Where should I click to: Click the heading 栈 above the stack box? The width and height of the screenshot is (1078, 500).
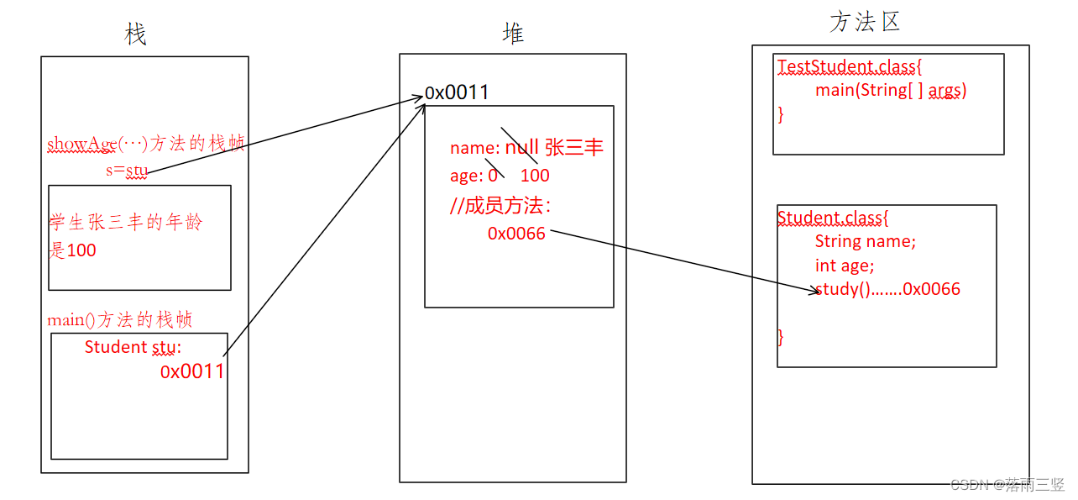tap(135, 34)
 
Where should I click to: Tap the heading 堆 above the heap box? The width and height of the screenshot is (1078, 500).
tap(513, 33)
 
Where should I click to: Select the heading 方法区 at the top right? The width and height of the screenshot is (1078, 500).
tap(865, 22)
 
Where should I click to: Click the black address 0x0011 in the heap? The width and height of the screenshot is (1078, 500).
tap(457, 92)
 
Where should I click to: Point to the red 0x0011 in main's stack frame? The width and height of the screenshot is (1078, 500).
tap(192, 371)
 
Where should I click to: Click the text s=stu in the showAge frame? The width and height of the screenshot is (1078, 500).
tap(127, 171)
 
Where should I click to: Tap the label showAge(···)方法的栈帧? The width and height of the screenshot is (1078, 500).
tap(146, 144)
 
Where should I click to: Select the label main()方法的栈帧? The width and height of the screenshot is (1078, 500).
tap(120, 319)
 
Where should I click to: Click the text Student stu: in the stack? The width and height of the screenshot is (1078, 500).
tap(133, 347)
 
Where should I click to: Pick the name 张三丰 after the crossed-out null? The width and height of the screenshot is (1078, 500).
tap(574, 149)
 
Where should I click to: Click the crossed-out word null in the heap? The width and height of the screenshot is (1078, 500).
tap(521, 149)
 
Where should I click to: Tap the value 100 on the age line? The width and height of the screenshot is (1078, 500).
tap(535, 176)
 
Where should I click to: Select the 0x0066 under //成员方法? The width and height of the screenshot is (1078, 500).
tap(516, 234)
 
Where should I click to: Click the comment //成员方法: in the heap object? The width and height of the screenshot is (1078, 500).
tap(500, 206)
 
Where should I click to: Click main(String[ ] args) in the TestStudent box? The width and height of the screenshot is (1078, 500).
tap(891, 90)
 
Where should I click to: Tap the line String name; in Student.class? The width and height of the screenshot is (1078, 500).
tap(866, 241)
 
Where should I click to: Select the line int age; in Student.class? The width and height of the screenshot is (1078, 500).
tap(845, 266)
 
